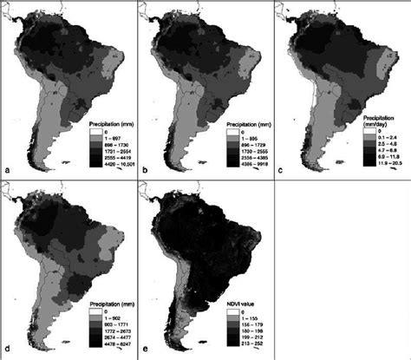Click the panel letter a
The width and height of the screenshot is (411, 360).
7,169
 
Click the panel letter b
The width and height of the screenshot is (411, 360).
144,169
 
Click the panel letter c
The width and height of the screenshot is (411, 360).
280,169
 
